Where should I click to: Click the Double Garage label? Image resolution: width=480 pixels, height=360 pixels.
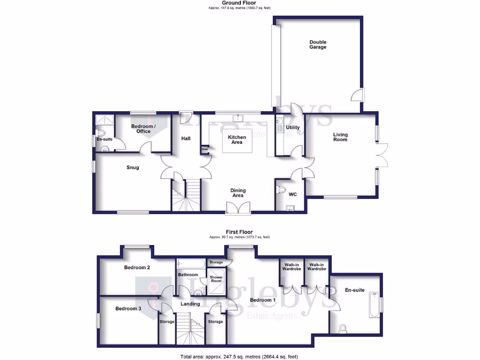coord(317,45)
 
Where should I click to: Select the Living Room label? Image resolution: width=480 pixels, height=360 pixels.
coord(340,137)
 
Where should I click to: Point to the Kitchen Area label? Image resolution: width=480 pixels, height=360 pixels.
coord(237,139)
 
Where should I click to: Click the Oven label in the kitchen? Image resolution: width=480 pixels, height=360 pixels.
coord(205,149)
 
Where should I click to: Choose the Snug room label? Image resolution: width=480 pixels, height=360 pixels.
coord(133,167)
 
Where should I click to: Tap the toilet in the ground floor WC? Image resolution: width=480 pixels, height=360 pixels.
coord(281,190)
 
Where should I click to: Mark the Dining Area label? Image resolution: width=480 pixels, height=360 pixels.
coord(238,193)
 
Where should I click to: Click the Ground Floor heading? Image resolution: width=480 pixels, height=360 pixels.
coord(240,3)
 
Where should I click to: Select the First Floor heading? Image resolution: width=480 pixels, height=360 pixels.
coord(240,232)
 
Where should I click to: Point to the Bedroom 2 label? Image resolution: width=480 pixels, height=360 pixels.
coord(137,268)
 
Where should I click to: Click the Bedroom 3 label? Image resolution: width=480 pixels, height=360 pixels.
coord(128,308)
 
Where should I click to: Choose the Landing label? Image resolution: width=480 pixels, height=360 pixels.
coord(190,304)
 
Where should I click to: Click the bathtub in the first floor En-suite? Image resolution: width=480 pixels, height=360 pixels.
coord(374,304)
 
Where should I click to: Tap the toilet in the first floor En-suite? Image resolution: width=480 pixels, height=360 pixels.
coord(343,328)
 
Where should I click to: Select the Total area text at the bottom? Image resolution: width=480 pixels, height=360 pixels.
coord(239,357)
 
